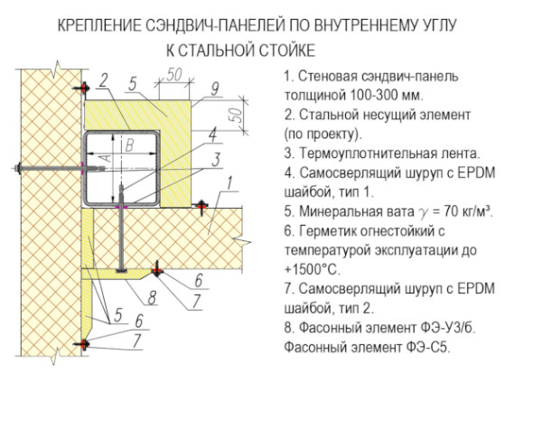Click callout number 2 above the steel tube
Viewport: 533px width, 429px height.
104,80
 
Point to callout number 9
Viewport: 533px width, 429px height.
215,89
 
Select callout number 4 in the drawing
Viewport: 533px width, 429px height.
213,135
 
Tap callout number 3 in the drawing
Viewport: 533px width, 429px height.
216,160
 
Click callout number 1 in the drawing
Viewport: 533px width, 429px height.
229,183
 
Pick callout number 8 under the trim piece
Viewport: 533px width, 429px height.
152,297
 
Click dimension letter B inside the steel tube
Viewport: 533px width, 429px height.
129,145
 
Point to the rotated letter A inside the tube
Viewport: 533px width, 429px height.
107,158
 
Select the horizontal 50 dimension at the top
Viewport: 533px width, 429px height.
174,75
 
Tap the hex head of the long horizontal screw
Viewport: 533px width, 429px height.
17,168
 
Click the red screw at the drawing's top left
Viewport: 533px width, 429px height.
82,88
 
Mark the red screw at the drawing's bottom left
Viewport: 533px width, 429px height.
82,344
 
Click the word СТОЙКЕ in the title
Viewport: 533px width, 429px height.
287,51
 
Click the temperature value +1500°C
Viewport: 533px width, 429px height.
312,269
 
